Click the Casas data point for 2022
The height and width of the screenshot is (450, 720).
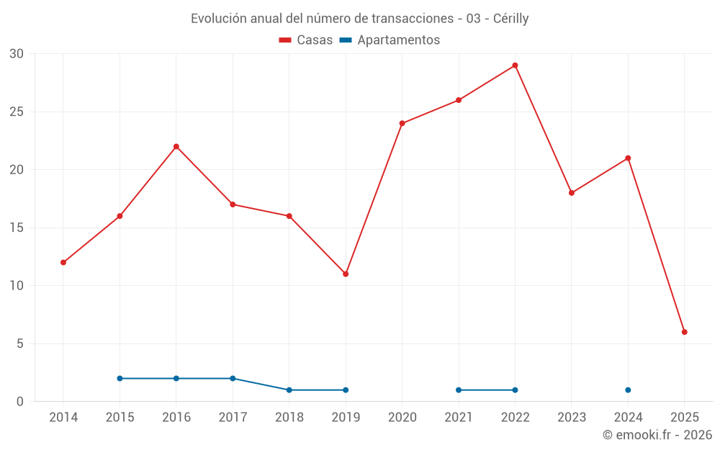click(x=515, y=66)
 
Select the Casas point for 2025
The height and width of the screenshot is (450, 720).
click(x=685, y=332)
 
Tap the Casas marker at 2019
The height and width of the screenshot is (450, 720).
click(x=346, y=274)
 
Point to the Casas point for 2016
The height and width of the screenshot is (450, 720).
click(x=176, y=147)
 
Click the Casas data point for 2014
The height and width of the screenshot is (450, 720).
click(x=63, y=263)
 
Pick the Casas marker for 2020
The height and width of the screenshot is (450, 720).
click(x=402, y=123)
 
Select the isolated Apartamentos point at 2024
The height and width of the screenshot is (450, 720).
click(x=628, y=390)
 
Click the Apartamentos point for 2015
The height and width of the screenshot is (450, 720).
click(x=120, y=379)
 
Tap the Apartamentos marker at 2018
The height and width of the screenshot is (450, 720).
click(x=289, y=390)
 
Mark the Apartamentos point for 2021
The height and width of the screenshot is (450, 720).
click(x=459, y=390)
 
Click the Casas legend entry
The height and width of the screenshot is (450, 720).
click(x=306, y=40)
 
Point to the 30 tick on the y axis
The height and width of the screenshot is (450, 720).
click(x=17, y=54)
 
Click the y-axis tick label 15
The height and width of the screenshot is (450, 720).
click(x=17, y=228)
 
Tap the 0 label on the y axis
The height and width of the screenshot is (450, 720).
click(x=20, y=402)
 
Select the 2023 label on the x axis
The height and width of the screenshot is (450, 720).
click(x=572, y=417)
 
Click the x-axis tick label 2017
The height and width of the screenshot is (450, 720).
click(x=233, y=417)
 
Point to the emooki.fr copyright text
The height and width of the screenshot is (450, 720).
click(x=657, y=435)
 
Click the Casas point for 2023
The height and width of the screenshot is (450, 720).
click(x=572, y=193)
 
